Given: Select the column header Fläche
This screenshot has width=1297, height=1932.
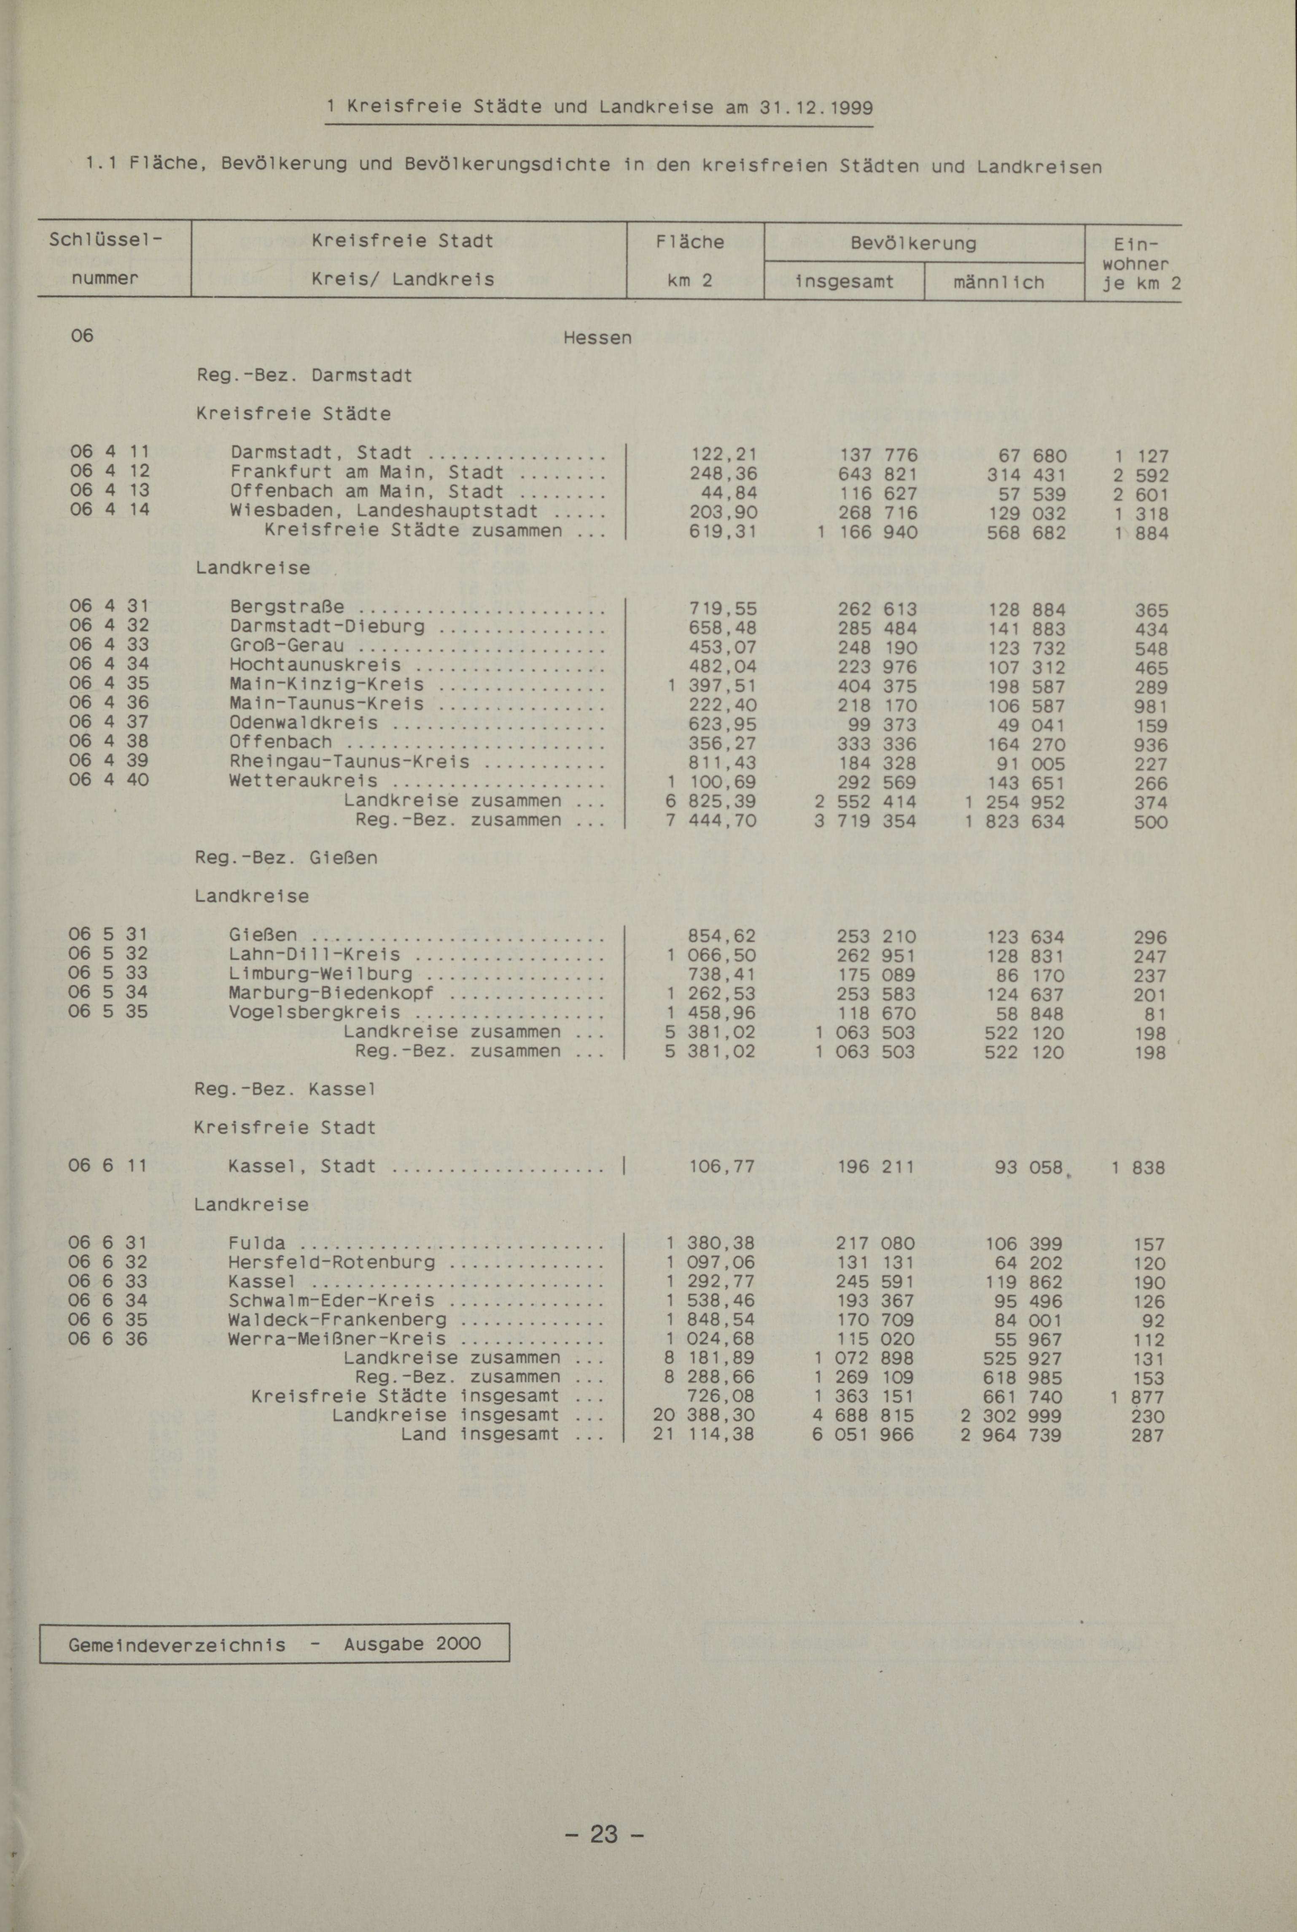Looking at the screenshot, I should [690, 242].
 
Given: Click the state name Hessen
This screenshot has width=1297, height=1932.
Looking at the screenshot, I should [596, 337].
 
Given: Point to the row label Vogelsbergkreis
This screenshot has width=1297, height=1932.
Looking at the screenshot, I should [314, 1013].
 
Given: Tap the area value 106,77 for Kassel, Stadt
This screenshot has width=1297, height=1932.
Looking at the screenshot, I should [721, 1167].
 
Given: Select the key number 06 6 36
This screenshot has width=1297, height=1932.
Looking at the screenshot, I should [108, 1338].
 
